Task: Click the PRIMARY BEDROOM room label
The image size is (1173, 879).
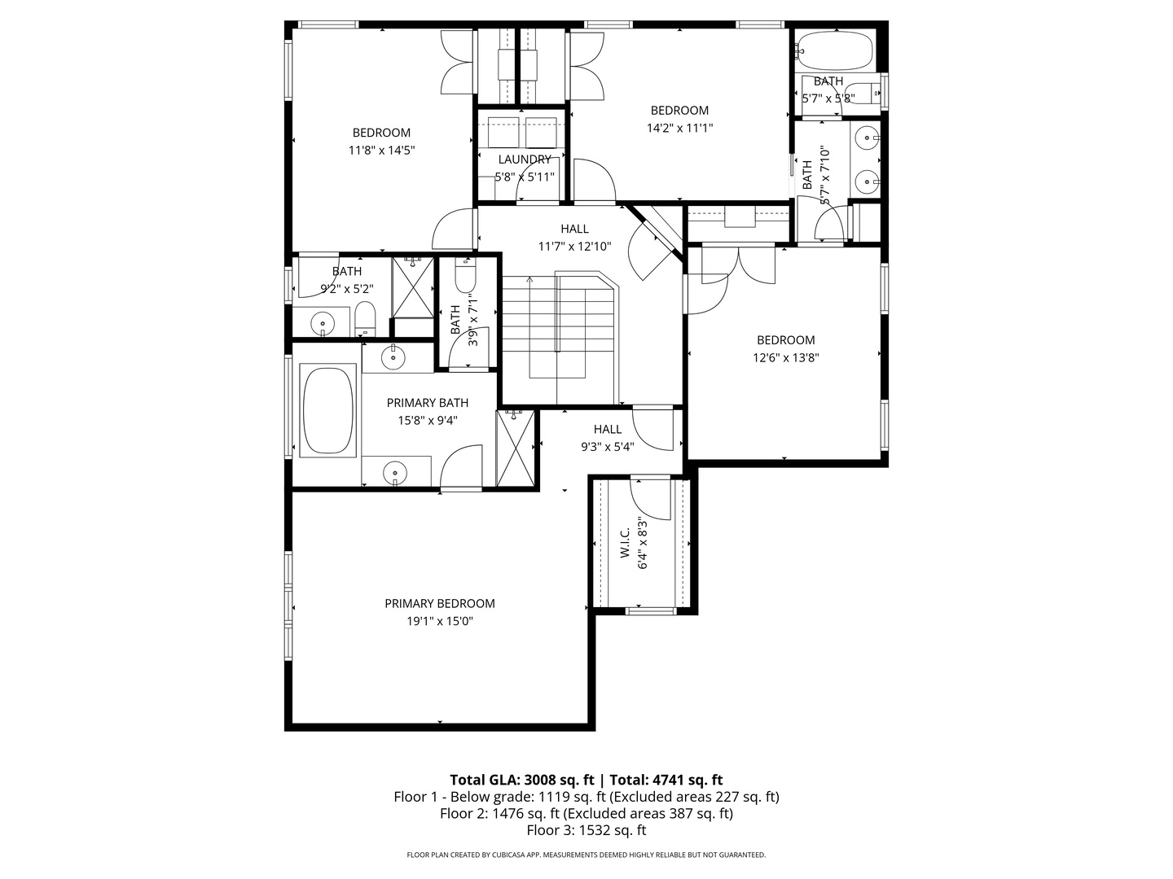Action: coord(439,604)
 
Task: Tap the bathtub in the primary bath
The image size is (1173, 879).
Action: coord(327,410)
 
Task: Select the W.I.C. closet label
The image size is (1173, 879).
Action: coord(626,543)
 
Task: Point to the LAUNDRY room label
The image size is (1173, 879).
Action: coord(525,159)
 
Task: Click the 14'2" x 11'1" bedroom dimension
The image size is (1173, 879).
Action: coord(679,128)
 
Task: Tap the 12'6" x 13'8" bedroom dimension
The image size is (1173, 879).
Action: coord(785,357)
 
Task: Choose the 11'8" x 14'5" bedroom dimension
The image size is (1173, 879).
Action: coord(381,150)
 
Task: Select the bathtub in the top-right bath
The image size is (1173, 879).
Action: coord(833,50)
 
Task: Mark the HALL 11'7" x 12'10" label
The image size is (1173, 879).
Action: coord(574,238)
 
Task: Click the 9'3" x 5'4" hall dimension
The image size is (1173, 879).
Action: coord(608,447)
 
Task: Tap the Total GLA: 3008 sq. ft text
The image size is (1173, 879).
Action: coord(521,780)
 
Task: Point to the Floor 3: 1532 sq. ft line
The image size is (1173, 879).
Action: coord(586,830)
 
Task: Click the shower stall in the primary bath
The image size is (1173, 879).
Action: coord(515,448)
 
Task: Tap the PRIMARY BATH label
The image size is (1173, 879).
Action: coord(428,403)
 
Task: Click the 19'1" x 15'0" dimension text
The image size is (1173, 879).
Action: coord(439,621)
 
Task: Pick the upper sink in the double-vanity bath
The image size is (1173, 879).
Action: coord(866,138)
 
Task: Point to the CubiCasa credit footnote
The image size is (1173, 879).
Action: coord(586,855)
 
